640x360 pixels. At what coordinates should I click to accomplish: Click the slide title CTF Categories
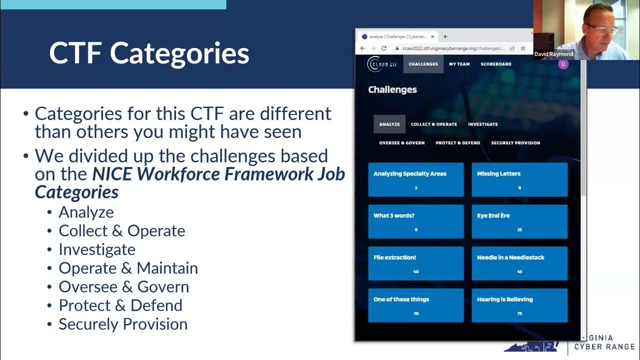click(x=149, y=53)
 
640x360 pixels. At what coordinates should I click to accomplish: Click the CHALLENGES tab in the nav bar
click(x=423, y=64)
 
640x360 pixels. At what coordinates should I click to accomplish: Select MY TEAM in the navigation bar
click(x=459, y=64)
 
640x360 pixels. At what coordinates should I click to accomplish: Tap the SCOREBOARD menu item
click(x=495, y=64)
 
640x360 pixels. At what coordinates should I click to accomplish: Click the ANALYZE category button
click(x=389, y=124)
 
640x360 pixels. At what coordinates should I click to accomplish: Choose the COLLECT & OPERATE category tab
click(x=434, y=124)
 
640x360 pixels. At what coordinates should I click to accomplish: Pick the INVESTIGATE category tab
click(x=482, y=124)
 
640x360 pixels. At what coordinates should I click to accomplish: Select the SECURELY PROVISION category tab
click(x=515, y=143)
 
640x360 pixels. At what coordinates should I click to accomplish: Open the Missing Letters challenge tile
click(x=519, y=179)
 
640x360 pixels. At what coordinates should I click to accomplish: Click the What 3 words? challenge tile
click(x=415, y=221)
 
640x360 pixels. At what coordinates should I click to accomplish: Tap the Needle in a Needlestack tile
click(x=519, y=263)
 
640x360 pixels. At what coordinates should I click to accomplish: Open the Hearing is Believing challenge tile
click(x=519, y=305)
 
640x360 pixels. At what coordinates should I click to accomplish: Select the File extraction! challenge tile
click(x=415, y=263)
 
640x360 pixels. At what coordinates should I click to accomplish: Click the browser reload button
click(x=384, y=48)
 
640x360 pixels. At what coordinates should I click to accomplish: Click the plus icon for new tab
click(x=445, y=36)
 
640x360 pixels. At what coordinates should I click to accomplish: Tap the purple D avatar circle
click(x=563, y=64)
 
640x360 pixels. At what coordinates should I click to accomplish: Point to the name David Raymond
click(x=553, y=54)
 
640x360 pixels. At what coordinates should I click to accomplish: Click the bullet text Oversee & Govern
click(x=123, y=287)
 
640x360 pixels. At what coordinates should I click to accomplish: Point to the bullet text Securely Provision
click(x=123, y=324)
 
